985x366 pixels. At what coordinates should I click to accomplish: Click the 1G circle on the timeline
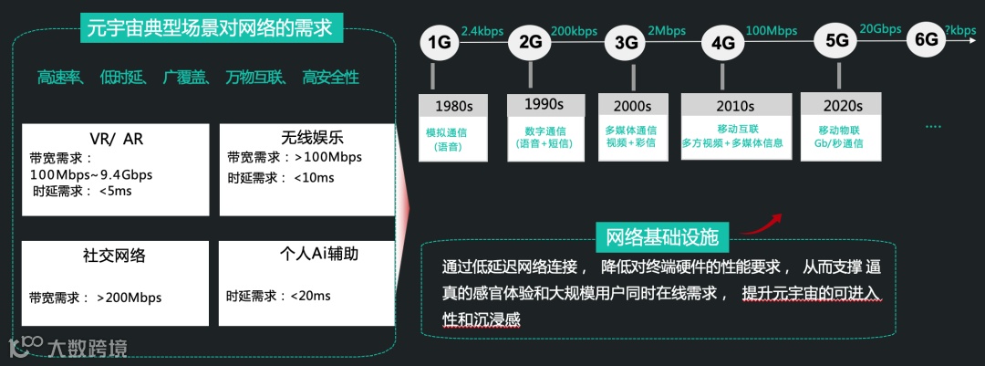click(440, 42)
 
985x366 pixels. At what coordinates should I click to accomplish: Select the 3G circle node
click(626, 42)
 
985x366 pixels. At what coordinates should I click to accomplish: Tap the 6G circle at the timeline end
click(926, 40)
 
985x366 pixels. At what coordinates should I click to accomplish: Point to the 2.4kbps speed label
click(482, 31)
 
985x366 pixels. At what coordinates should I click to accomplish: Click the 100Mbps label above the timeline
click(772, 31)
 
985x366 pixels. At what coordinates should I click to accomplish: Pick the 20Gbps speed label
click(880, 29)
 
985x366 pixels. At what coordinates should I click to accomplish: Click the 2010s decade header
click(735, 106)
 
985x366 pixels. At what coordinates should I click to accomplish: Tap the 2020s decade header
click(843, 106)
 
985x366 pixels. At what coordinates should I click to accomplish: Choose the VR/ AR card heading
click(116, 140)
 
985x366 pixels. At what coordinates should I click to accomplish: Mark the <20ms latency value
click(310, 295)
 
